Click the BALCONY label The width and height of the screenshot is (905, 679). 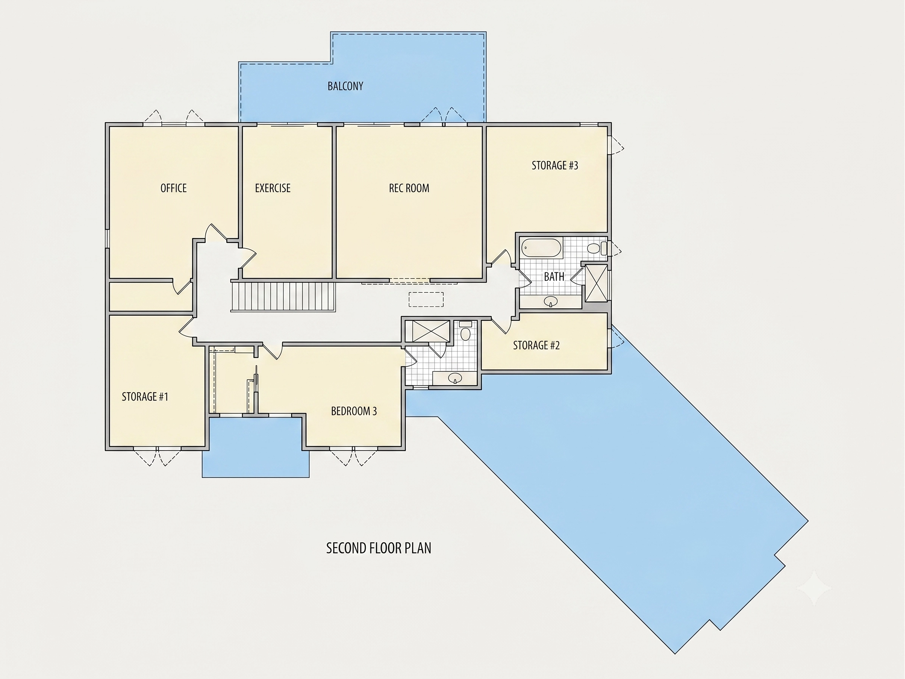tap(345, 86)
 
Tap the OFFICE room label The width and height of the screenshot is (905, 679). tap(173, 188)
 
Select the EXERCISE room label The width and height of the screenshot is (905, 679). tap(273, 188)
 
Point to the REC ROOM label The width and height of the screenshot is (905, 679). tap(409, 188)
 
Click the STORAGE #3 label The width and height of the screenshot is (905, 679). tap(555, 165)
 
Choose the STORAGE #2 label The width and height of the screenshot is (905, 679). tap(536, 346)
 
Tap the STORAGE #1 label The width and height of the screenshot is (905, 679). tap(145, 397)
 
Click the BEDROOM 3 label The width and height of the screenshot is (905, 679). tap(354, 411)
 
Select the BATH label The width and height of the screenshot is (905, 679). tap(554, 277)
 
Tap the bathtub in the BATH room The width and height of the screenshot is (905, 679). tap(542, 248)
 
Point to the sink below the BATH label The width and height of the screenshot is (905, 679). tap(551, 302)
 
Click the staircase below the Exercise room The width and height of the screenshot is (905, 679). tap(283, 296)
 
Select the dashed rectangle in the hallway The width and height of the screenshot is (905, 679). tap(426, 299)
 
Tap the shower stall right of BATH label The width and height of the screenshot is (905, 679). tap(596, 283)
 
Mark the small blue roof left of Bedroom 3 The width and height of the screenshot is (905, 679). tap(256, 447)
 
